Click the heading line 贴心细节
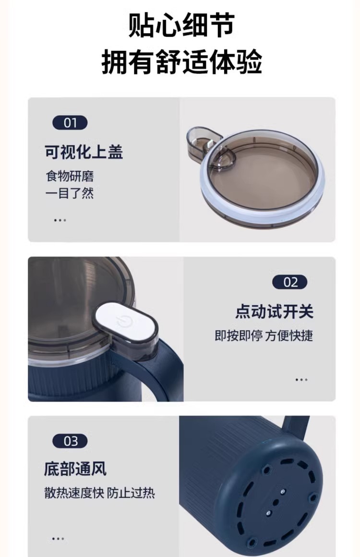pyautogui.click(x=181, y=25)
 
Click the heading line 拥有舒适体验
pyautogui.click(x=181, y=62)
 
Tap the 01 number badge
pyautogui.click(x=70, y=123)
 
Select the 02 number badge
pyautogui.click(x=289, y=282)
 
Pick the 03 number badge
pyautogui.click(x=70, y=441)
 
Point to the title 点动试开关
pyautogui.click(x=274, y=311)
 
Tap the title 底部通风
pyautogui.click(x=75, y=469)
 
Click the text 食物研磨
pyautogui.click(x=70, y=176)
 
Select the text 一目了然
pyautogui.click(x=70, y=193)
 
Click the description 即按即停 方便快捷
pyautogui.click(x=264, y=335)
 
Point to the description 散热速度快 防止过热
pyautogui.click(x=100, y=493)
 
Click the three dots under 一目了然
pyautogui.click(x=60, y=220)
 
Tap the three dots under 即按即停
pyautogui.click(x=301, y=379)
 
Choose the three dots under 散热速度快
pyautogui.click(x=58, y=538)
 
